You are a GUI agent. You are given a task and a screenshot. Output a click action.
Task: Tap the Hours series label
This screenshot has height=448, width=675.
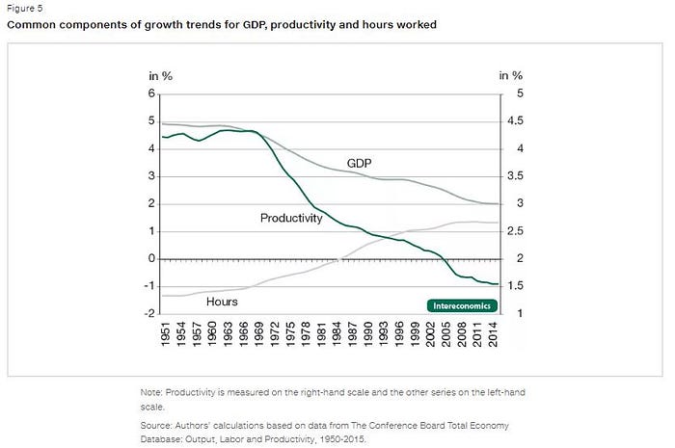(x=222, y=301)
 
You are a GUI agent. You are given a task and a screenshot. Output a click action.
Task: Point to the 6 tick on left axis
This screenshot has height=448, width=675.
(x=151, y=93)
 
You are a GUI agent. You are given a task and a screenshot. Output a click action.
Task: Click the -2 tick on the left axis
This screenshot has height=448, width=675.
(x=148, y=314)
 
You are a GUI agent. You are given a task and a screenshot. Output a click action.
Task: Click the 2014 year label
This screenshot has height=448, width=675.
(x=494, y=336)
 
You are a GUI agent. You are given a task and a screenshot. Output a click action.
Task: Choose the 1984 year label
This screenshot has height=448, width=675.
(x=337, y=336)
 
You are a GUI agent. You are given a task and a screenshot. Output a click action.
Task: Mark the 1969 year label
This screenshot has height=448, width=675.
(x=259, y=336)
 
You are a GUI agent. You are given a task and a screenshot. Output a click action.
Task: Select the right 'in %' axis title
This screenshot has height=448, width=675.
(x=511, y=74)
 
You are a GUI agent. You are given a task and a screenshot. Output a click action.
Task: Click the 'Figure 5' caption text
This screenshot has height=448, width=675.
(x=26, y=8)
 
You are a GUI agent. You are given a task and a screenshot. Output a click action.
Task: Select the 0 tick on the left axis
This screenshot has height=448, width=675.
(x=151, y=259)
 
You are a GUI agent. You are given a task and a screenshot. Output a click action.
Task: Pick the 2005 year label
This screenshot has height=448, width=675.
(x=446, y=336)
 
